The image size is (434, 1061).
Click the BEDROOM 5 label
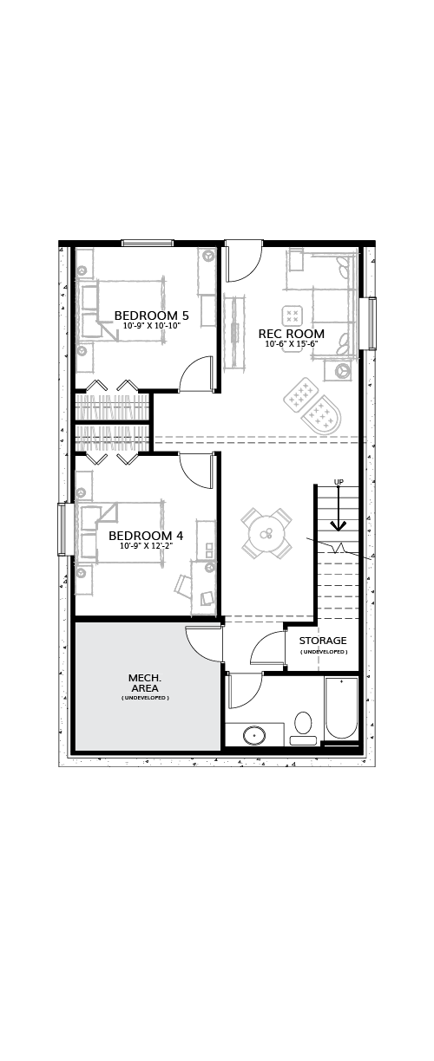coord(152,316)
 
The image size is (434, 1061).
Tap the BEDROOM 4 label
coord(146,536)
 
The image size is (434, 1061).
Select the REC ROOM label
coord(292,334)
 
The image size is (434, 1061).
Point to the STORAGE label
coord(323,641)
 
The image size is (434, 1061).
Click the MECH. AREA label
coord(145,683)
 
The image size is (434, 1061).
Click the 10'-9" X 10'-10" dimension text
coord(152,326)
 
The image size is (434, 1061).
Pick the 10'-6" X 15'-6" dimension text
coord(292,344)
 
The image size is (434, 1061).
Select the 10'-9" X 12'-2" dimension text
coord(146,545)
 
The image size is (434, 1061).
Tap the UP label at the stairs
coord(339,482)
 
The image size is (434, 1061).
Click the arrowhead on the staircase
coord(339,525)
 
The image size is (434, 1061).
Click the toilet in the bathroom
coord(304,728)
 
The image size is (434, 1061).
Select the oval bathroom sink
coord(254,736)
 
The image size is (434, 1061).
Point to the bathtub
coord(341,708)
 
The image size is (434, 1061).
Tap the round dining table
coord(266,533)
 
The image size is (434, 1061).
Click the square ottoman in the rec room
coord(293,316)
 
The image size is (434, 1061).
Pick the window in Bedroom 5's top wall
coord(147,243)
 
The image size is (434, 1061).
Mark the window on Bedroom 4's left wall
coord(62,529)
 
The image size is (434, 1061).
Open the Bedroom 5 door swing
coord(196,374)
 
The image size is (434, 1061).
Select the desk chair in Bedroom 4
coord(182,584)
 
